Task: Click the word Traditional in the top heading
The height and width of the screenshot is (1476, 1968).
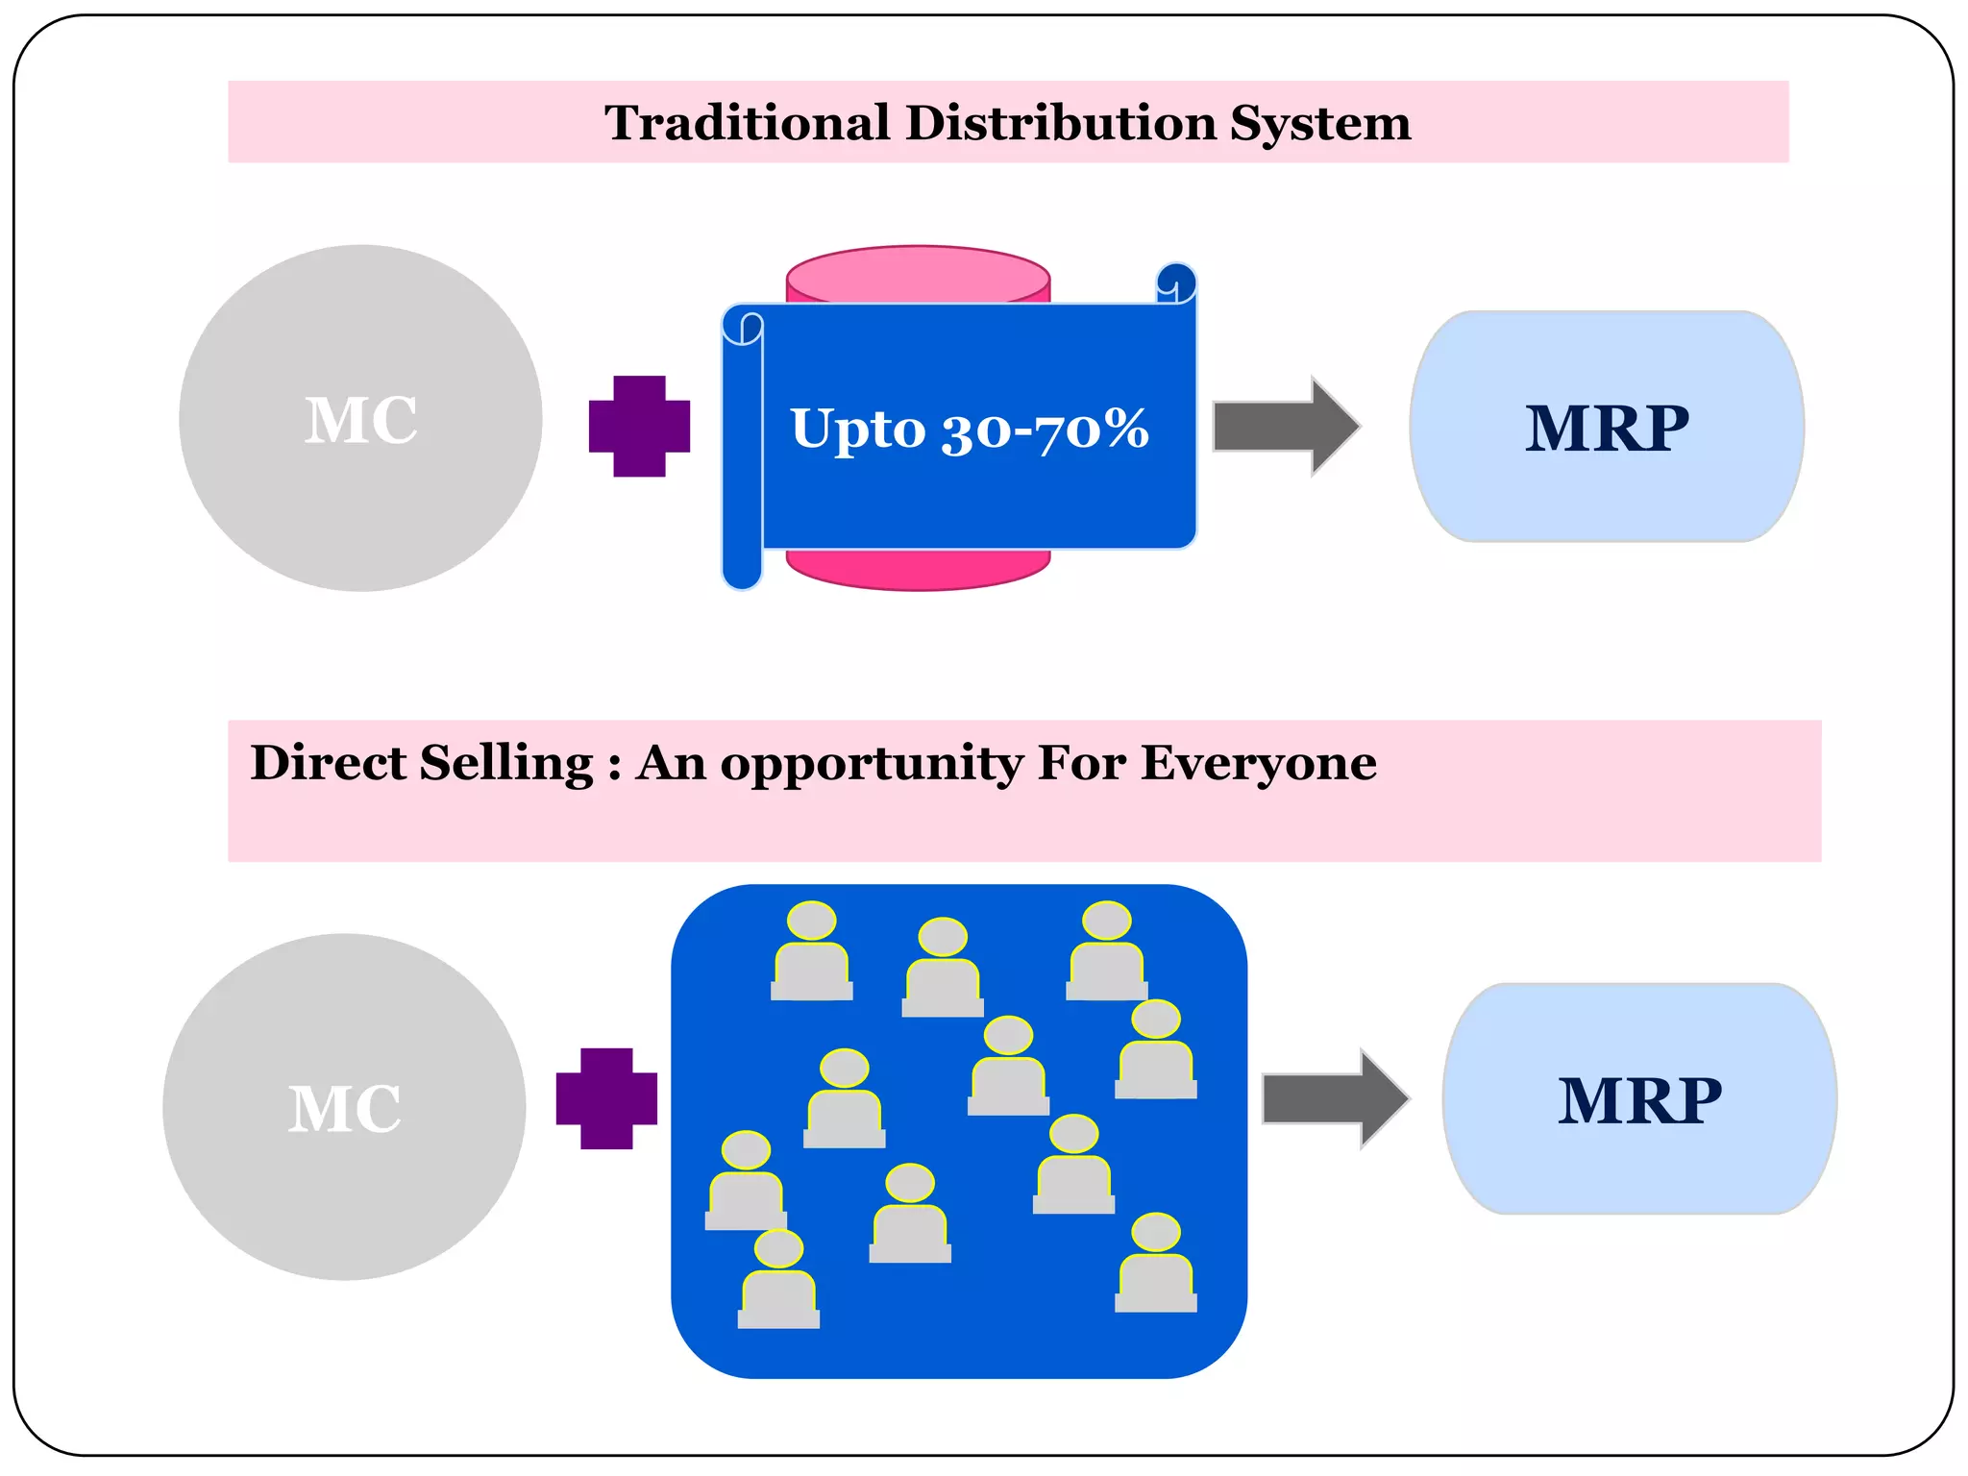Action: click(746, 123)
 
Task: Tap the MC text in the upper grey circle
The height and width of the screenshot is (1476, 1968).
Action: click(360, 421)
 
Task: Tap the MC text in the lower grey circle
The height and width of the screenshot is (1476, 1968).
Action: click(344, 1109)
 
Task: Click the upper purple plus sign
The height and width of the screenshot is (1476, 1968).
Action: click(639, 426)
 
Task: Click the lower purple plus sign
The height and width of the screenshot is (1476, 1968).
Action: click(606, 1098)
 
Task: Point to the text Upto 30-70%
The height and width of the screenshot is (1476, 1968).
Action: click(969, 429)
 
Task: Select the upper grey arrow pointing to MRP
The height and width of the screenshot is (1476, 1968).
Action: click(1286, 426)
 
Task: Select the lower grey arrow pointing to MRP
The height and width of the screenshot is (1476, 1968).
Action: click(1335, 1098)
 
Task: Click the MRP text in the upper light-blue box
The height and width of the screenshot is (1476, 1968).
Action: click(1607, 429)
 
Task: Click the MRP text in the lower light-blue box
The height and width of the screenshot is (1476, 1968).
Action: click(1639, 1101)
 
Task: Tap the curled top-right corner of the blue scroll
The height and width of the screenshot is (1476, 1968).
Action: click(1176, 283)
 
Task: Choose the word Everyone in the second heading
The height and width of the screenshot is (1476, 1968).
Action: click(1258, 763)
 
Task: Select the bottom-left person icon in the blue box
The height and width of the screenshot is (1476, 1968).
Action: click(778, 1280)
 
